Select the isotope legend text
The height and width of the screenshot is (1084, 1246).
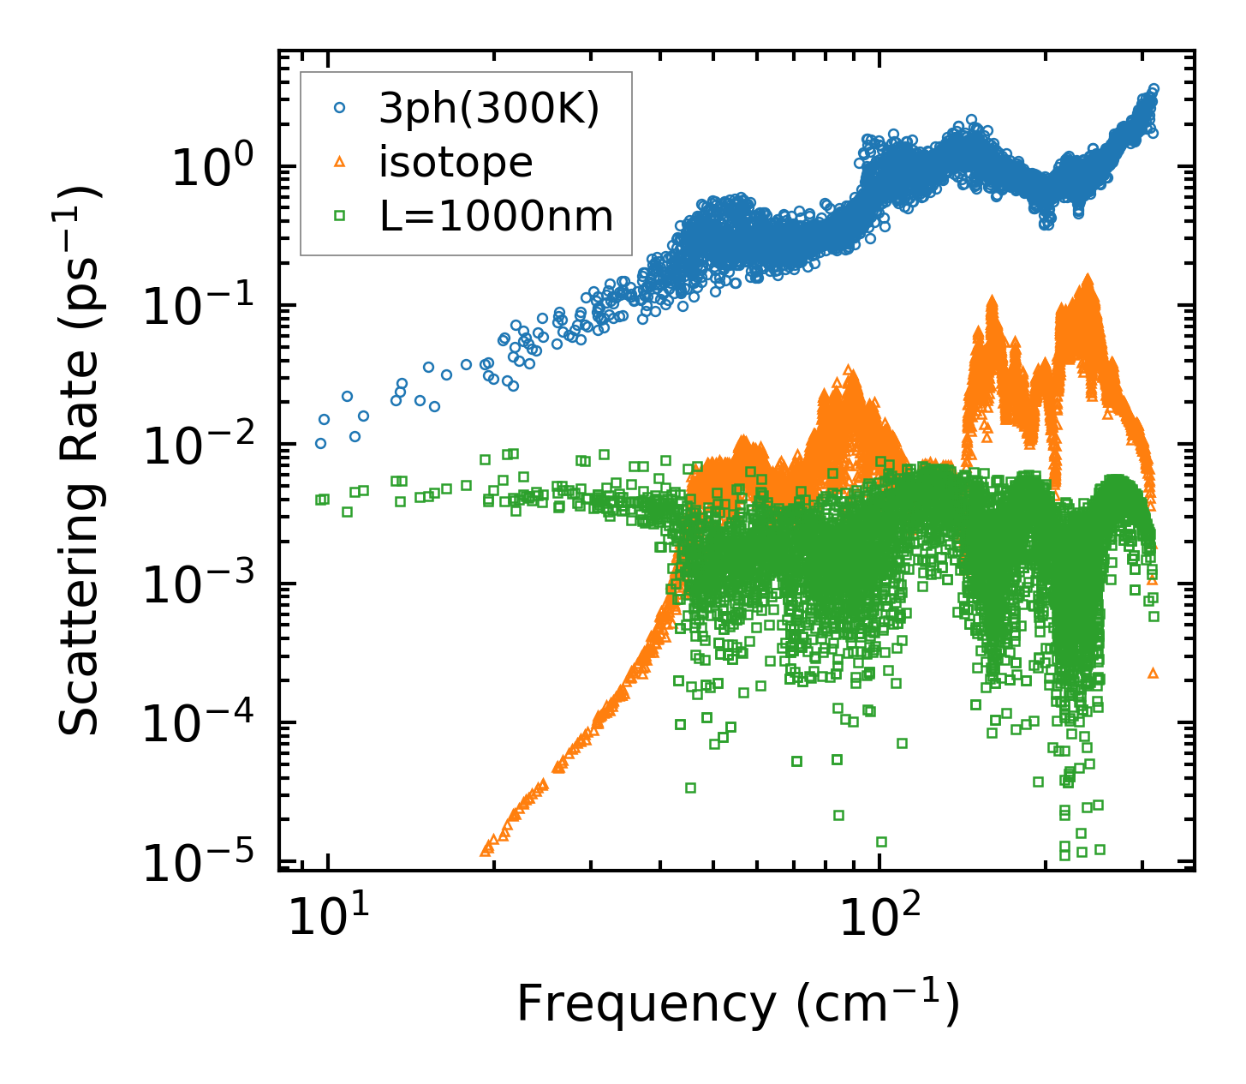(456, 163)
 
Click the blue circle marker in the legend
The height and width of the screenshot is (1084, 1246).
(339, 108)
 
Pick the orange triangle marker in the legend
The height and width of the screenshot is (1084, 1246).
(339, 162)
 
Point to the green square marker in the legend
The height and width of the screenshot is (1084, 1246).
(339, 216)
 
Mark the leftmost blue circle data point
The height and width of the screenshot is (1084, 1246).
(320, 443)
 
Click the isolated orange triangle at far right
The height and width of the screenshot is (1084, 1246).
(1153, 674)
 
